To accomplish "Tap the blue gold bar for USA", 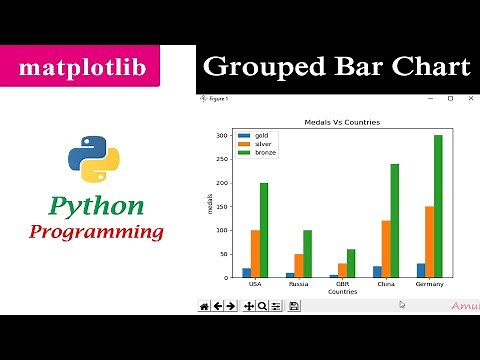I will (246, 272).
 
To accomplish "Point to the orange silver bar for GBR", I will (341, 270).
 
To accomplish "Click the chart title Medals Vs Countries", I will (341, 122).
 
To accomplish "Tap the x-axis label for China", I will (386, 284).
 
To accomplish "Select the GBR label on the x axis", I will (341, 284).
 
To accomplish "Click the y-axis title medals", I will (210, 204).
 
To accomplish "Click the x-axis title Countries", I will (341, 291).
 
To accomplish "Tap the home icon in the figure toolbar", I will (204, 306).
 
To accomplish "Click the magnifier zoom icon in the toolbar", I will (262, 306).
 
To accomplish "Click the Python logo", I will (94, 158).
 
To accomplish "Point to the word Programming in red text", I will (96, 232).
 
